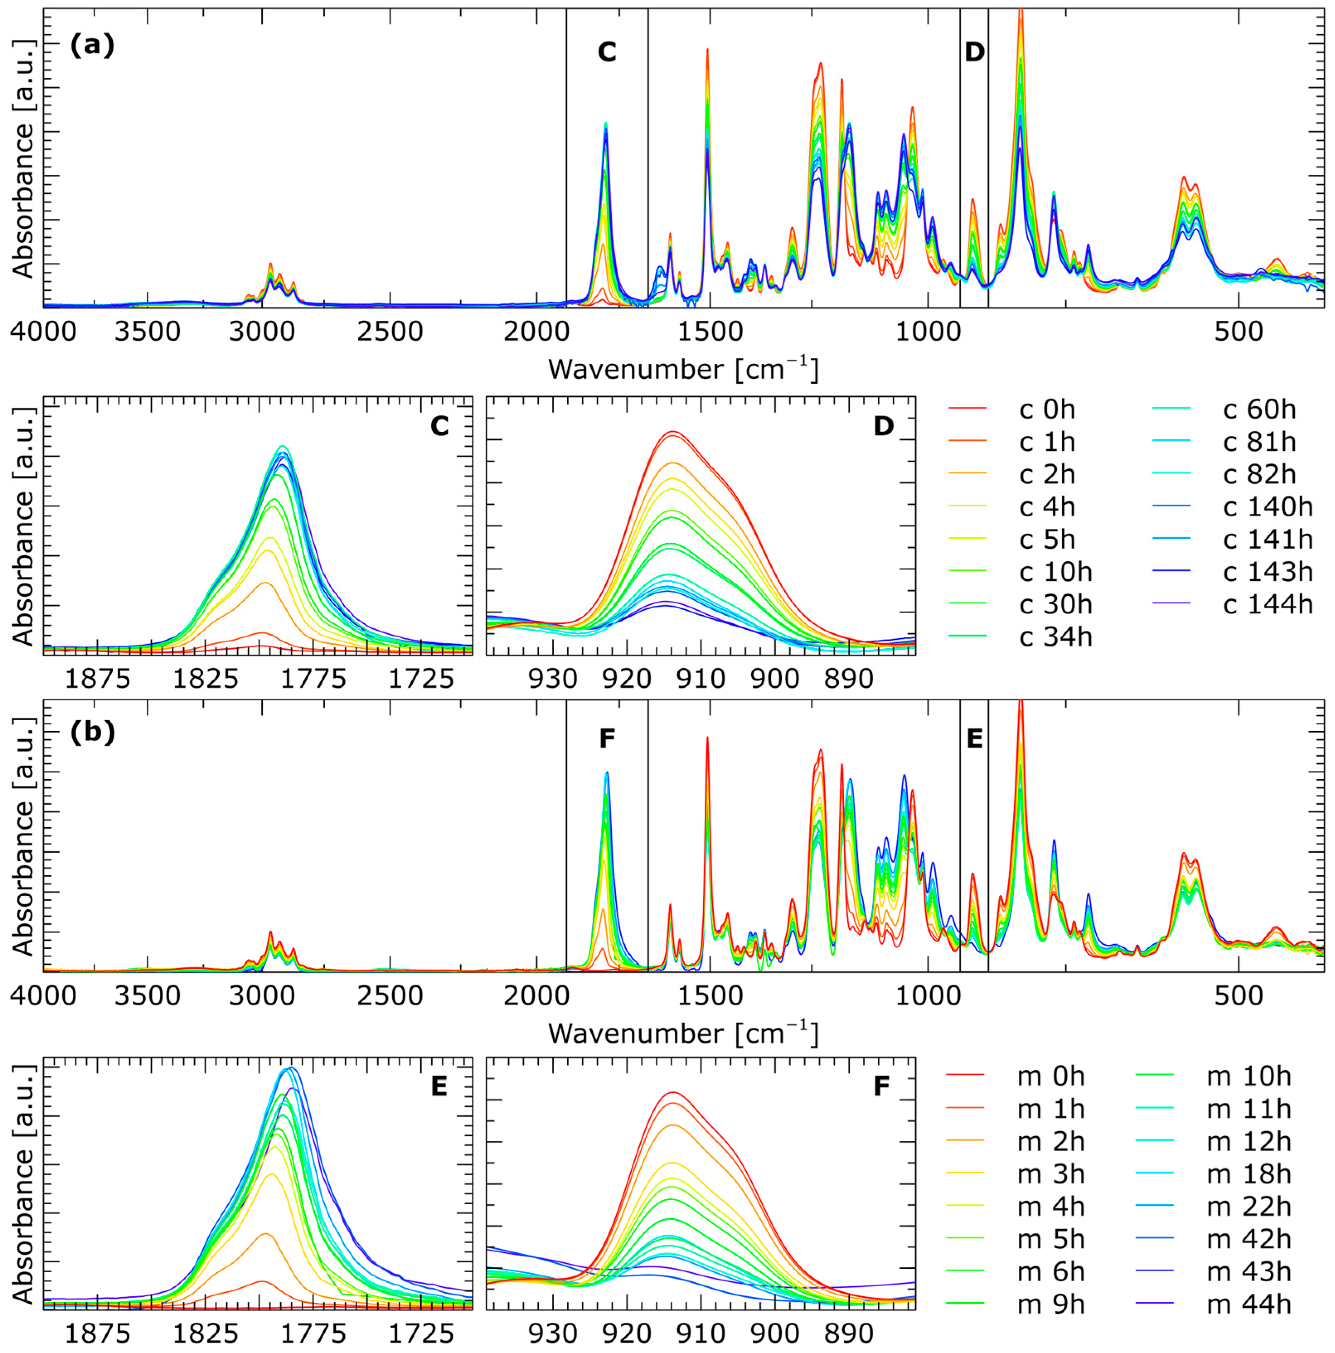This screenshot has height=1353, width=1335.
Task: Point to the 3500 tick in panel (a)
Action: click(146, 331)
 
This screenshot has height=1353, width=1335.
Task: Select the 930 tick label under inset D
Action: click(553, 678)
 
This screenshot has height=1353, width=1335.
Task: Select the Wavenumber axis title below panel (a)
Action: click(683, 369)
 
